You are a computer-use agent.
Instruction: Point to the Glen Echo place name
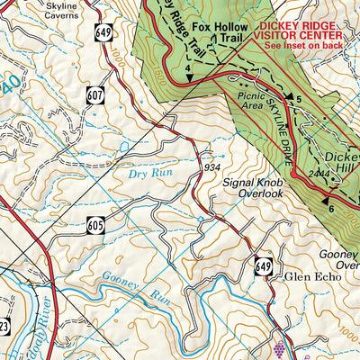pyautogui.click(x=310, y=277)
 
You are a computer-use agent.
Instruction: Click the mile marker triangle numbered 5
pyautogui.click(x=289, y=95)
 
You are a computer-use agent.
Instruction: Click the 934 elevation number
pyautogui.click(x=211, y=166)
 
